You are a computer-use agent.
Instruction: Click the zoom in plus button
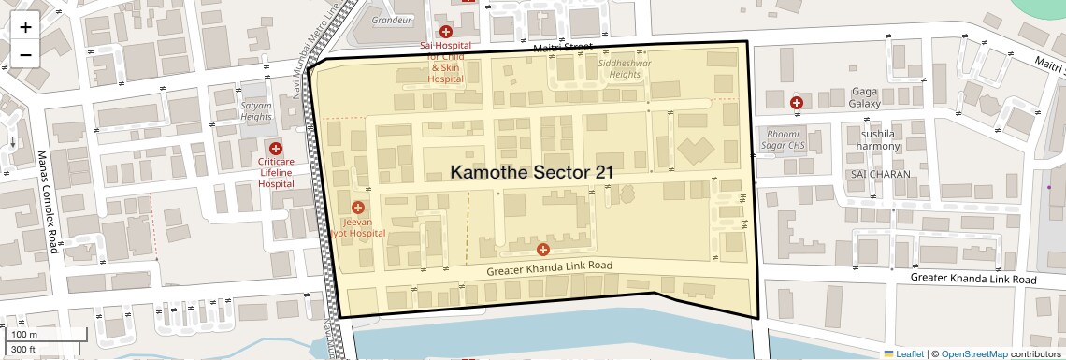25,27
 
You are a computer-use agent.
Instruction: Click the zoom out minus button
25,54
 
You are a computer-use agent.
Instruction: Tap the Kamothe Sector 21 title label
532,172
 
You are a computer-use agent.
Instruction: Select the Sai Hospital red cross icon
446,32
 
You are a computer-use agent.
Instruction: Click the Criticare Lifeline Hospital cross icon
276,149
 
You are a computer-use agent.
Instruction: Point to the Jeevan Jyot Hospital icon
357,207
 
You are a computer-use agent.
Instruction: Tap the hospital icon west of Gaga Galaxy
796,102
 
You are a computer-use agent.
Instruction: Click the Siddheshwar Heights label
626,69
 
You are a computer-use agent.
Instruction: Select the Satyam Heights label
256,111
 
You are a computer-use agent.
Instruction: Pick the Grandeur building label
391,20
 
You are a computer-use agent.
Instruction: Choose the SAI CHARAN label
875,175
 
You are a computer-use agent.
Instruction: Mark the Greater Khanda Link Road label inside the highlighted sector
549,268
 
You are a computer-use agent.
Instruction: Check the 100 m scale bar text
23,334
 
